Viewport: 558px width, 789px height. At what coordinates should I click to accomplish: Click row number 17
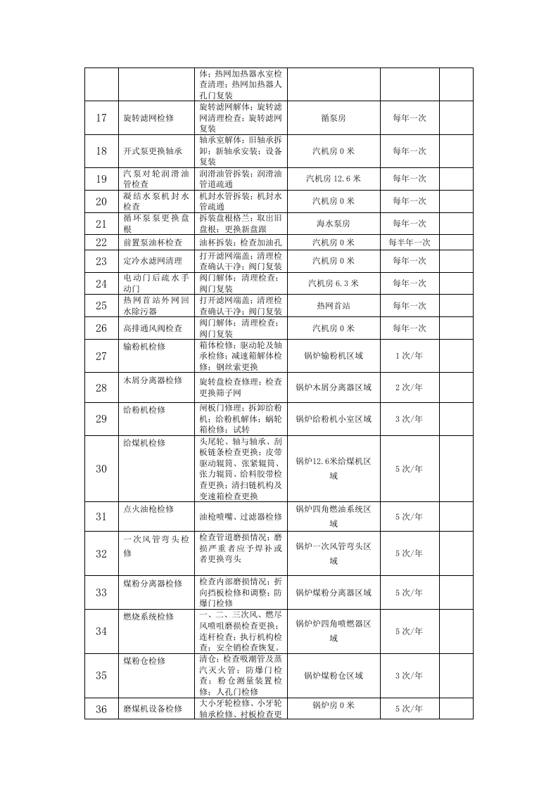point(101,117)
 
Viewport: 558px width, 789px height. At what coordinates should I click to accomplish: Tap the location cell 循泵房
point(334,117)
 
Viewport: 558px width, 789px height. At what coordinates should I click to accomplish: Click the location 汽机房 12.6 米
point(334,179)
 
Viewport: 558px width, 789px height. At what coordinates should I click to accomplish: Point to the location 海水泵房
point(334,224)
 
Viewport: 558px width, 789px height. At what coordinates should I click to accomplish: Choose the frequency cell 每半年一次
point(409,243)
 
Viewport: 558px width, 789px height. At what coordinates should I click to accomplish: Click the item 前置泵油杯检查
point(153,243)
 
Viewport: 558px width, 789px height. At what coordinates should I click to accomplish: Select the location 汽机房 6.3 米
point(334,283)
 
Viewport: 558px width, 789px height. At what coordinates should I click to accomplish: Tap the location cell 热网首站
point(334,306)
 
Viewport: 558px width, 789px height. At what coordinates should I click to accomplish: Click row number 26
point(101,328)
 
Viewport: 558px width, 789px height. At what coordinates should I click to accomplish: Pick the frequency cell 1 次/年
point(409,356)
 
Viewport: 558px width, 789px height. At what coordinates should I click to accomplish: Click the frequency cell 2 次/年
point(409,387)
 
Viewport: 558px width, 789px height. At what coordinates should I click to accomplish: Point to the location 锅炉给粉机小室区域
point(334,419)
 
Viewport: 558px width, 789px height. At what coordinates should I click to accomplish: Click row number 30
point(101,468)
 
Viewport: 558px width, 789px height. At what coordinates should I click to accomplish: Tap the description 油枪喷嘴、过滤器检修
point(241,517)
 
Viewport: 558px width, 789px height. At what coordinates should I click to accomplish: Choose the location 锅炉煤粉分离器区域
point(334,593)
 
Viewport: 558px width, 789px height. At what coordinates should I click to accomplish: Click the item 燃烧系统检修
point(148,617)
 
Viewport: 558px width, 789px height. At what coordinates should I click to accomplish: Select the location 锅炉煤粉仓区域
point(334,676)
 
